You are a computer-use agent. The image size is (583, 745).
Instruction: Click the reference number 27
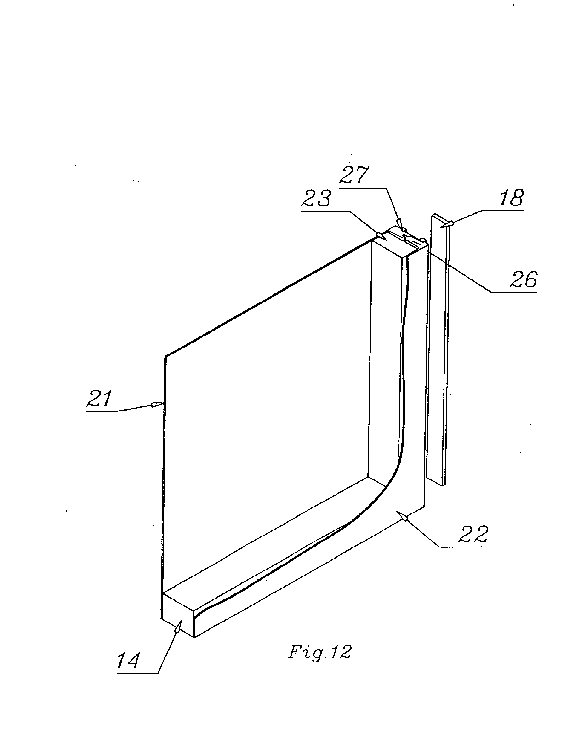(354, 175)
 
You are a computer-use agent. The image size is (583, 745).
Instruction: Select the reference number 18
(511, 198)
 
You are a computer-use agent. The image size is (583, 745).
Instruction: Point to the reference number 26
(524, 279)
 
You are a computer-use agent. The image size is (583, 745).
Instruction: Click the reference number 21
(99, 398)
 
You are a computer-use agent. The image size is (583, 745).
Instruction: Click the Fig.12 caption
(320, 652)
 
